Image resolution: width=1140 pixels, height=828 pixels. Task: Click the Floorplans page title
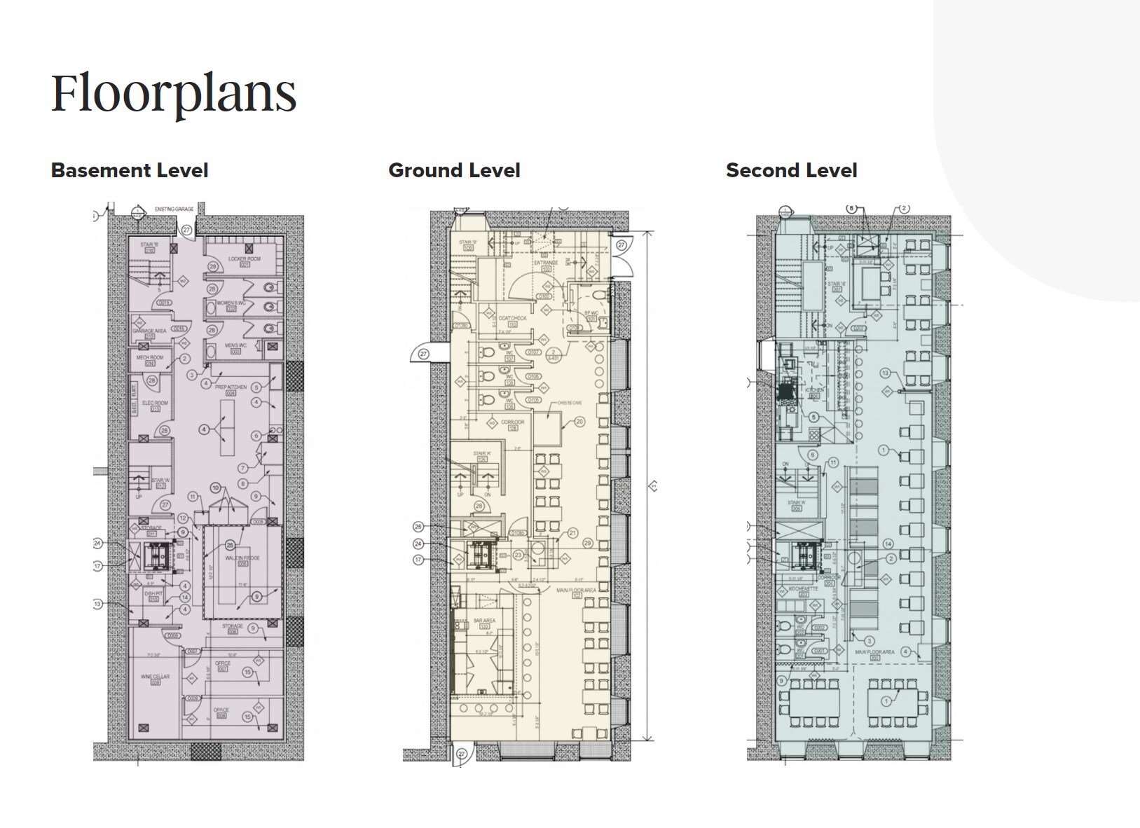[x=174, y=92]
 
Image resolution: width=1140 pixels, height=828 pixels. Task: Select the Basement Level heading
[x=130, y=170]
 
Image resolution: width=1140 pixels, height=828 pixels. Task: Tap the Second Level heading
[x=791, y=170]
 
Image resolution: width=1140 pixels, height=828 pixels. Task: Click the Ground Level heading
[x=454, y=170]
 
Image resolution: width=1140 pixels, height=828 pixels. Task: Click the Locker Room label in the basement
[x=245, y=258]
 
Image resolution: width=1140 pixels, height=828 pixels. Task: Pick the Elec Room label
[x=156, y=403]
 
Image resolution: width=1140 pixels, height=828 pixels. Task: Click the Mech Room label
[x=150, y=357]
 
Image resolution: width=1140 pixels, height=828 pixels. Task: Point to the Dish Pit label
[x=153, y=593]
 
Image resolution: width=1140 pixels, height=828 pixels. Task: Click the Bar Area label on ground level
[x=484, y=621]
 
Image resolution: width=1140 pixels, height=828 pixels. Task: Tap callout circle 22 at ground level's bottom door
[x=461, y=754]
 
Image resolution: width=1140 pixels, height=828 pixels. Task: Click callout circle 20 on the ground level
[x=579, y=422]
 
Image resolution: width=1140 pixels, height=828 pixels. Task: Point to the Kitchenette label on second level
[x=799, y=591]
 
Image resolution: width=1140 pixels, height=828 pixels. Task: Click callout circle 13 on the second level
[x=885, y=373]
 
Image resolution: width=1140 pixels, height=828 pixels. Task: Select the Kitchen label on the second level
[x=814, y=389]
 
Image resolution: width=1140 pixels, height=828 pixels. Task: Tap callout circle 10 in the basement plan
[x=215, y=488]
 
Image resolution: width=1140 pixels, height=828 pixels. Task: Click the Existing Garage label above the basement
[x=174, y=209]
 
